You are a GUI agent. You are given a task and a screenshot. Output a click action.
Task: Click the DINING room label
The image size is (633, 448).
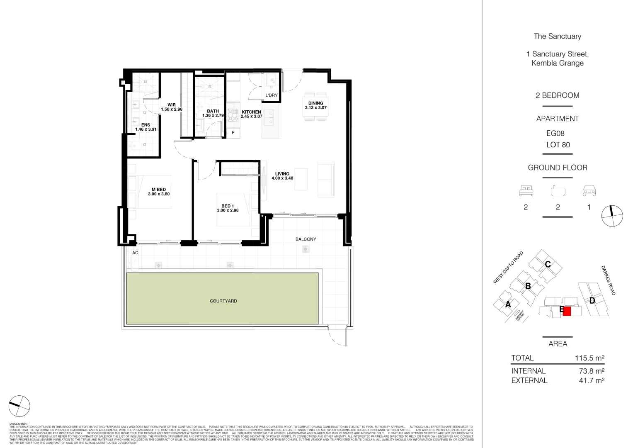(315, 103)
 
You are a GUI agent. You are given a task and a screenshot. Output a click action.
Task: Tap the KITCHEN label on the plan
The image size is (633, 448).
(251, 112)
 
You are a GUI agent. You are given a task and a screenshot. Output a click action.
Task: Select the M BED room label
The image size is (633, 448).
(158, 190)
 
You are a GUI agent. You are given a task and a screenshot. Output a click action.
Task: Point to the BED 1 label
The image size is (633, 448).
(228, 206)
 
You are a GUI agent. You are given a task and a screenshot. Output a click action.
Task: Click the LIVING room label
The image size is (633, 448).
(282, 174)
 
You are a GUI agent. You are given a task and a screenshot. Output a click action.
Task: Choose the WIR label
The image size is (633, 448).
(172, 105)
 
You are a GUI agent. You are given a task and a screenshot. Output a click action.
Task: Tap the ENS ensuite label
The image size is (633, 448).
(146, 125)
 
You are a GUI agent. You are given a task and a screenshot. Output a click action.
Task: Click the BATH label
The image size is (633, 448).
(213, 111)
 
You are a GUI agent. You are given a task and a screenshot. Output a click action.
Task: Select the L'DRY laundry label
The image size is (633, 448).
(272, 96)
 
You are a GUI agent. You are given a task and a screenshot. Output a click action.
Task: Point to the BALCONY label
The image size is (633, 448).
(306, 239)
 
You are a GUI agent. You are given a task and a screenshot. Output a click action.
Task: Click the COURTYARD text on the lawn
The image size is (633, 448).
(223, 301)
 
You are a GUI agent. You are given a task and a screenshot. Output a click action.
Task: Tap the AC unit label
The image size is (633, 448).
(135, 253)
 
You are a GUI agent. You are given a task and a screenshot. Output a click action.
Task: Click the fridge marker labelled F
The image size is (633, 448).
(233, 133)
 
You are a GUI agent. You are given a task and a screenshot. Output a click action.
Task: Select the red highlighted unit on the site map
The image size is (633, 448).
(567, 311)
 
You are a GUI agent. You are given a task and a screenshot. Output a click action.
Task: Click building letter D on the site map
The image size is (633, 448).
(592, 301)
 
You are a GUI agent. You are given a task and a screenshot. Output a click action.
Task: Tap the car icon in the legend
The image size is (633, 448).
(589, 191)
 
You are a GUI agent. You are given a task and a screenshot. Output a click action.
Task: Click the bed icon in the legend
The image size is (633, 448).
(526, 191)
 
